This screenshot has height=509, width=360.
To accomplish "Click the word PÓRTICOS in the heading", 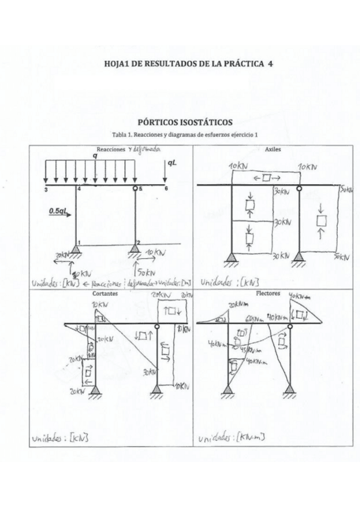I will point(161,122).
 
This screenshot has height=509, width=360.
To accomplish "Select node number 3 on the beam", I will point(46,190).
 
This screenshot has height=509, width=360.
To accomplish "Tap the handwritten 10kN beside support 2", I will point(155,252).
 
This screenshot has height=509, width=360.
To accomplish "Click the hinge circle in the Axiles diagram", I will point(296,185).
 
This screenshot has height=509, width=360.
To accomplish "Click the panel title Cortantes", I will point(105,295).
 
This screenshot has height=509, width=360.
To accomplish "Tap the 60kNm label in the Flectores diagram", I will point(253,319).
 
